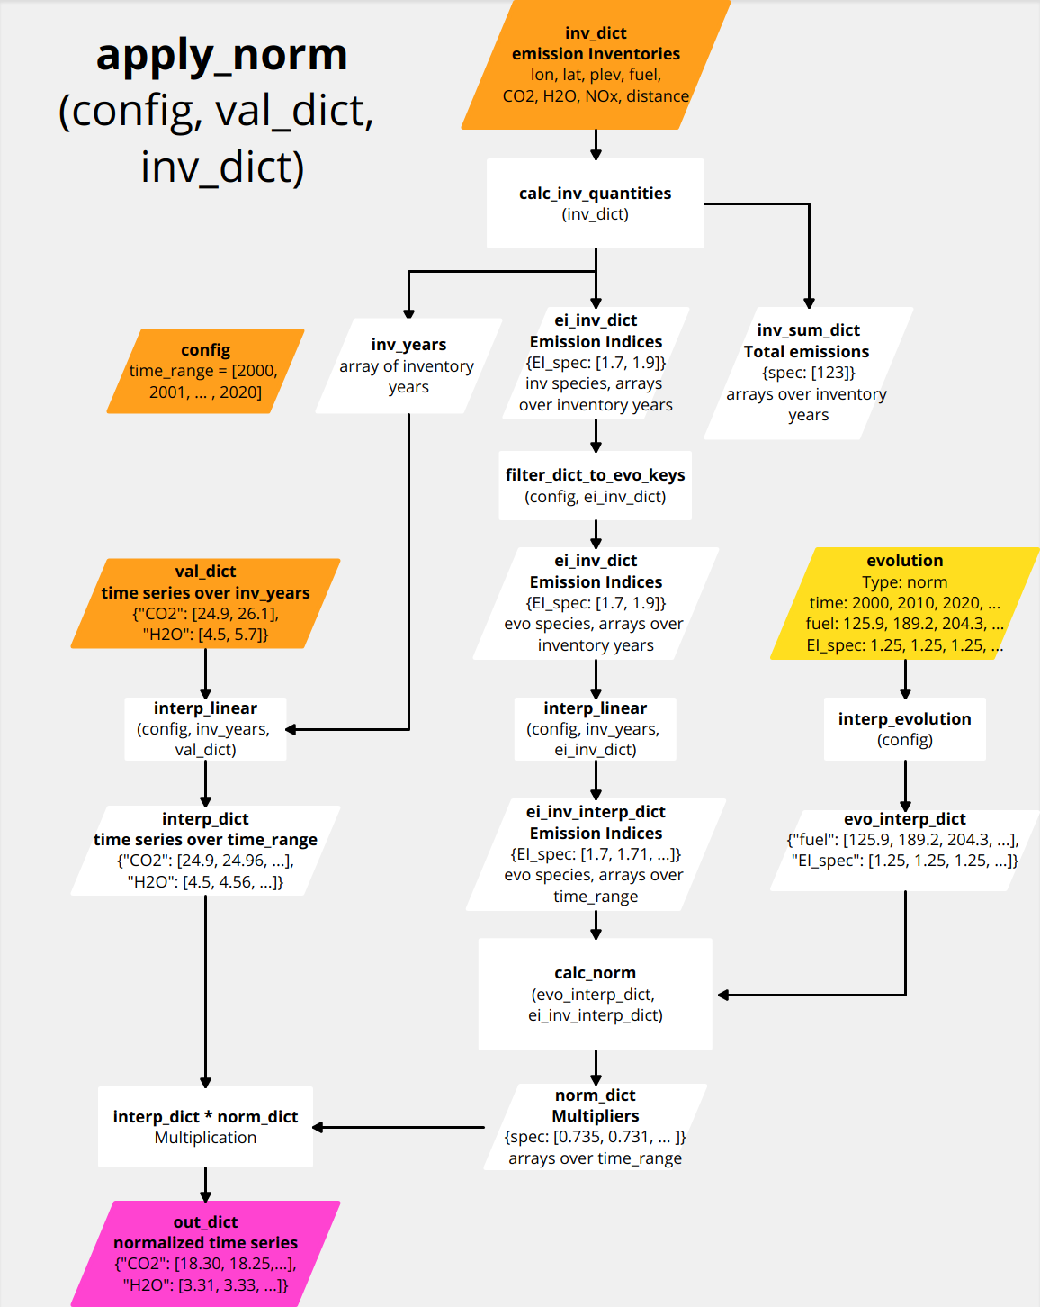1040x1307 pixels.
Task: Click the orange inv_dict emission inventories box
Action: pos(596,65)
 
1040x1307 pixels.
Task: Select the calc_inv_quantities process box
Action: pos(595,203)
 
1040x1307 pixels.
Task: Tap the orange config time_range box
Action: pos(205,371)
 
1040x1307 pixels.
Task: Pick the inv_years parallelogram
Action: pos(408,365)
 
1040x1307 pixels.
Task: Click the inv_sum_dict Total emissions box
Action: pos(808,373)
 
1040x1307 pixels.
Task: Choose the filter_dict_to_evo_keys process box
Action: pos(595,485)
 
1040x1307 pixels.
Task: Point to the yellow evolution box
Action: pos(904,603)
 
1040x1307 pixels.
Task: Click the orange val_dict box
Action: pos(205,603)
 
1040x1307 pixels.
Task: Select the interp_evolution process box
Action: pos(904,729)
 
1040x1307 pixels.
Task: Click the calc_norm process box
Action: pos(595,994)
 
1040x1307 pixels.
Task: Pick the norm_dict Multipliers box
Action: pos(595,1126)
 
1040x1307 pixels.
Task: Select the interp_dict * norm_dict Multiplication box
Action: pos(205,1127)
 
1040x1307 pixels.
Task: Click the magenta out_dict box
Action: pos(205,1253)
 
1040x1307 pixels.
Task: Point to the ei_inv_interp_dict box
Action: pos(595,853)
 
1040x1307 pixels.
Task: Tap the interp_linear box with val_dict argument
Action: pos(205,729)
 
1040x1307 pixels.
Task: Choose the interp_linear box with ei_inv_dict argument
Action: pos(595,729)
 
